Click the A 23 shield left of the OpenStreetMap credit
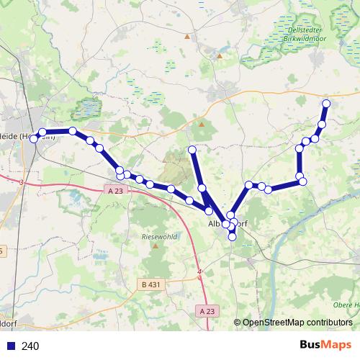coord(207,311)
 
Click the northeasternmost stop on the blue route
coord(326,104)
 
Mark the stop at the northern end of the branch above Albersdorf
coord(192,150)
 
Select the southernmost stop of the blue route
coord(232,236)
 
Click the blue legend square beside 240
coord(10,346)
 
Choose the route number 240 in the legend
coord(31,346)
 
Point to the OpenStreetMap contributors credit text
coord(297,323)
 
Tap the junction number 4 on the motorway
coord(199,271)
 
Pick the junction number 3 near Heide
coord(22,183)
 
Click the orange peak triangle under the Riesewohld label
coord(156,246)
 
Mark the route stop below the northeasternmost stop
coord(322,125)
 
